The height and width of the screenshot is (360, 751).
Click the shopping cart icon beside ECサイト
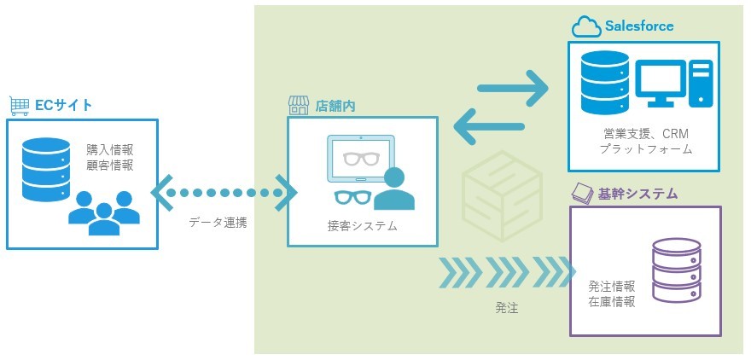[x=19, y=106]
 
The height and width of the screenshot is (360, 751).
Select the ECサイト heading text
[x=62, y=106]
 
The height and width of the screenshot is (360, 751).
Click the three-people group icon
[x=102, y=212]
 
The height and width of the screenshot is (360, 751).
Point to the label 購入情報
[x=109, y=148]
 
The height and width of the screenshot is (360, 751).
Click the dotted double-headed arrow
[x=224, y=193]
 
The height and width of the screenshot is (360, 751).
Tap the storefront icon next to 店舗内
[x=298, y=106]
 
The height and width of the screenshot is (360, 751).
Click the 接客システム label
[x=362, y=227]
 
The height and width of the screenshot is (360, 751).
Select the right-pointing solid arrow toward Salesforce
[x=512, y=87]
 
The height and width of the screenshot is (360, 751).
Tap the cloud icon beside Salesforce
[x=586, y=27]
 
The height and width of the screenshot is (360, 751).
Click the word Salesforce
[x=639, y=26]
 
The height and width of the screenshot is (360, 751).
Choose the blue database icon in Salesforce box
[x=604, y=83]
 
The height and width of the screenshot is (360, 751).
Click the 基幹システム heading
[x=637, y=195]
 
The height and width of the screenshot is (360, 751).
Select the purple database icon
[x=676, y=270]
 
